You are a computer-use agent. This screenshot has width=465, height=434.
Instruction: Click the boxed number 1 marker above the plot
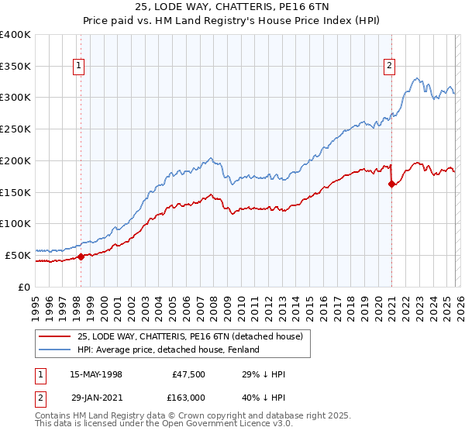(x=81, y=67)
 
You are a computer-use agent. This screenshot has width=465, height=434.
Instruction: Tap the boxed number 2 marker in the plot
(x=389, y=67)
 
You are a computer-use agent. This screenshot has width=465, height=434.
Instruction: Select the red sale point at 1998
(x=81, y=257)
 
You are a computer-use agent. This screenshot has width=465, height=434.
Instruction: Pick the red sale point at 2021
(x=392, y=184)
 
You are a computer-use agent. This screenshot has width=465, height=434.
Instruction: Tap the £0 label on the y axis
(x=24, y=287)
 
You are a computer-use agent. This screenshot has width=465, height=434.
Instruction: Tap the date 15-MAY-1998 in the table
(x=95, y=374)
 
